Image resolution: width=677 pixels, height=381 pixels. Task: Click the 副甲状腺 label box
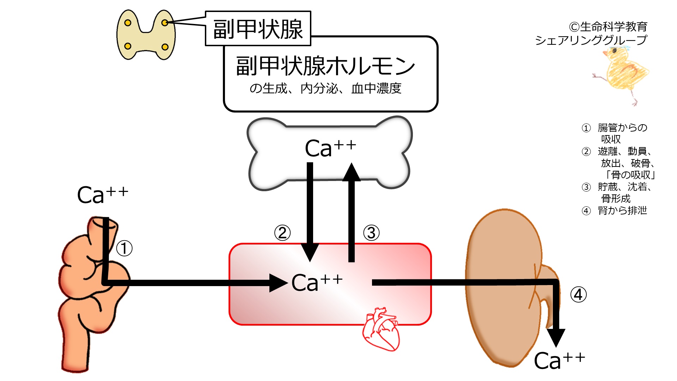tap(258, 29)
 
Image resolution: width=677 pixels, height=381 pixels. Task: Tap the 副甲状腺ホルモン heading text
tap(325, 66)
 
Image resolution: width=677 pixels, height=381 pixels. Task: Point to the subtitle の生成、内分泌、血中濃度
tap(325, 88)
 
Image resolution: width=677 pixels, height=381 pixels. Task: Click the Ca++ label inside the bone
tap(330, 148)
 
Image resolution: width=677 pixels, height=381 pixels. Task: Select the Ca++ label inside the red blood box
tap(317, 283)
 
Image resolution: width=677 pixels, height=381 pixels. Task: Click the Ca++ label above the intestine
tap(103, 195)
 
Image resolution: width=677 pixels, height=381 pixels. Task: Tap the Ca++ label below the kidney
tap(559, 360)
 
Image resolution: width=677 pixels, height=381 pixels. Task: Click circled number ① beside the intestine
tap(124, 248)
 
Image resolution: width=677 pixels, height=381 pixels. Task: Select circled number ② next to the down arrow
tap(282, 233)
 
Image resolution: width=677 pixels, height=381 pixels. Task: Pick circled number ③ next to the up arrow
tap(371, 233)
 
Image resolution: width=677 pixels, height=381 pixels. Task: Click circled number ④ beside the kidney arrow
tap(579, 295)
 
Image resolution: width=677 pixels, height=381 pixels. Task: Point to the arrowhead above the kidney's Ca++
tap(556, 338)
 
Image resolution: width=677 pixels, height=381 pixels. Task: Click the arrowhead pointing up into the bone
tap(352, 172)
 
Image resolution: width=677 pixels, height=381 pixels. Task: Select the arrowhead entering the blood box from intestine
tap(279, 283)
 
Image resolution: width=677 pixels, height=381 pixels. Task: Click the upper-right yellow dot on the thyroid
tap(165, 23)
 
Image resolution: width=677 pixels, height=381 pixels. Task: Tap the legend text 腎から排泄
tap(622, 211)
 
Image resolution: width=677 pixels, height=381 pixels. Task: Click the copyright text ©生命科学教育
tap(608, 26)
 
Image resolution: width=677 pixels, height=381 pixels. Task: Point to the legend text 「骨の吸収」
tap(630, 175)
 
